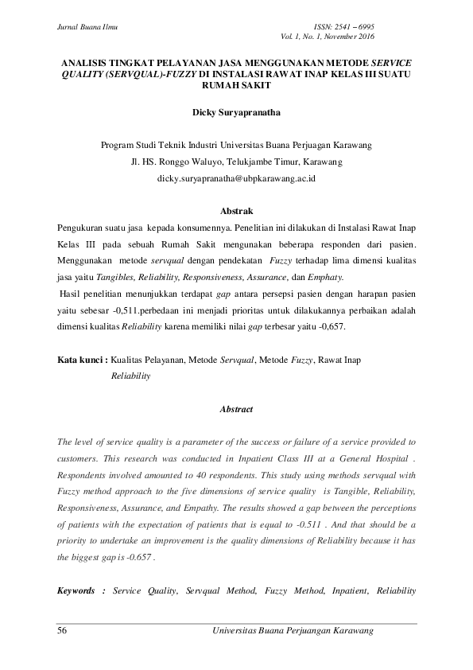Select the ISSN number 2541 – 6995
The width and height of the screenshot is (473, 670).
[x=354, y=27]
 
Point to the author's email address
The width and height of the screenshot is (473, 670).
[x=236, y=179]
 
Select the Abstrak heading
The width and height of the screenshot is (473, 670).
[x=236, y=211]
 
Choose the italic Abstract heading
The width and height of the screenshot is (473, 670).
[x=236, y=409]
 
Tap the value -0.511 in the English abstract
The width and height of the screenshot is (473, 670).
[x=349, y=526]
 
